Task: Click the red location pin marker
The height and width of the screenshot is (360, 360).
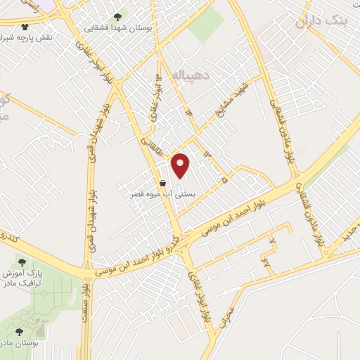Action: point(181,165)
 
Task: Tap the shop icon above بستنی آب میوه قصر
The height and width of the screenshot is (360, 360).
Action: point(163,184)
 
